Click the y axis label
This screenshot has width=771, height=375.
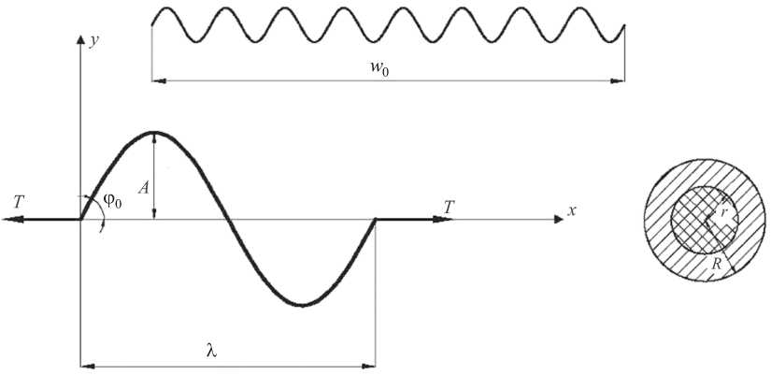pos(93,41)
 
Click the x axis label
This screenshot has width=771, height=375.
pos(571,211)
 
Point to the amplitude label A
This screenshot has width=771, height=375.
pos(143,187)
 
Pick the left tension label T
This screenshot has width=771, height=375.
pos(19,201)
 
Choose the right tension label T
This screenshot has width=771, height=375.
pos(449,207)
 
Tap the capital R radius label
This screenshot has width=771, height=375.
pos(716,265)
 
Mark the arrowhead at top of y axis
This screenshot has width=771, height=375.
pos(81,43)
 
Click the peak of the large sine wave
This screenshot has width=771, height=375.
pos(154,132)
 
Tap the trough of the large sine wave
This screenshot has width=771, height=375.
pos(301,305)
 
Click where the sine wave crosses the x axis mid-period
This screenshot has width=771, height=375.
pos(228,220)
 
